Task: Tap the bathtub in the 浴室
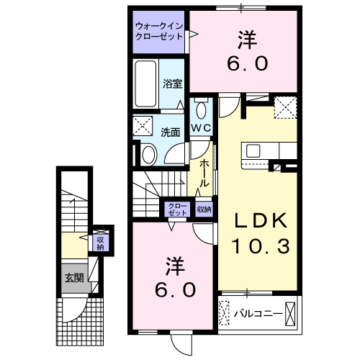146,84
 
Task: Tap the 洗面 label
170,132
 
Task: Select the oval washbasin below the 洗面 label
148,154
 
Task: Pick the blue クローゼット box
176,210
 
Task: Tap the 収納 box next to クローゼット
203,210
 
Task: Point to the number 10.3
260,247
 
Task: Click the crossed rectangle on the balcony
291,313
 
